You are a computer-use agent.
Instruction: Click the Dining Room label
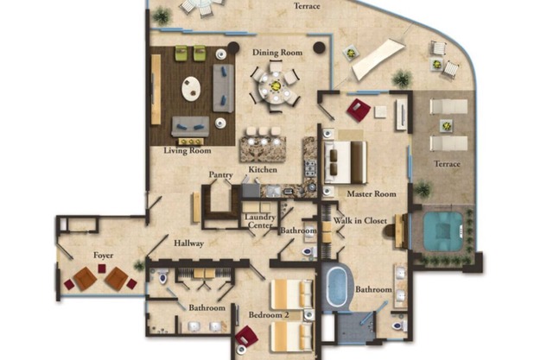[277, 53]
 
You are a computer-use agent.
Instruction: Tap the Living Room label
[188, 151]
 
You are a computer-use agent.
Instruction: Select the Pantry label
[220, 174]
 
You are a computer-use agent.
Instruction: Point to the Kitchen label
[263, 169]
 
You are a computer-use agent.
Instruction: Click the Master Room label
[372, 194]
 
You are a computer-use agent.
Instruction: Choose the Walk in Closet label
[359, 222]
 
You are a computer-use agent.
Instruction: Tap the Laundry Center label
[260, 222]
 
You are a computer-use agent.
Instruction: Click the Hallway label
[188, 243]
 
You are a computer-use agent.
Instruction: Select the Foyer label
[104, 256]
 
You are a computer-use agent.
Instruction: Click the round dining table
[275, 85]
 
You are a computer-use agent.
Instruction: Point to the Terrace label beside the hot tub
[447, 164]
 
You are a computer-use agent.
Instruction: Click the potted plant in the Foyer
[139, 265]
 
